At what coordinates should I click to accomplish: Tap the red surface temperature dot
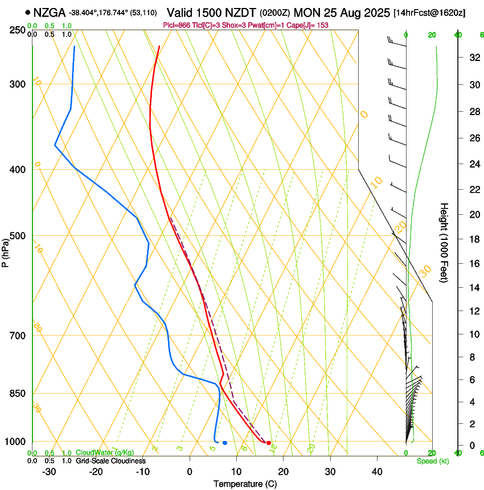pyautogui.click(x=269, y=443)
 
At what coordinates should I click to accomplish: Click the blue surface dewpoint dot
pyautogui.click(x=225, y=443)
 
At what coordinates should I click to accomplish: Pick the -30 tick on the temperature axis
pyautogui.click(x=49, y=472)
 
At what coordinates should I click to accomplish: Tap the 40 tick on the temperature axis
pyautogui.click(x=377, y=472)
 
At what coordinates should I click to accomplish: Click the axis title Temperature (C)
pyautogui.click(x=245, y=484)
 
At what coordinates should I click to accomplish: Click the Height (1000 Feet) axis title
pyautogui.click(x=445, y=242)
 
